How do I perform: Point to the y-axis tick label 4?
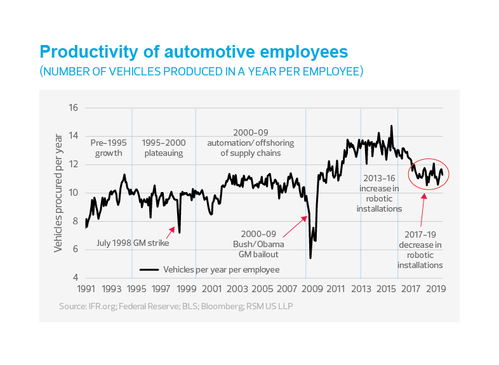point(74,278)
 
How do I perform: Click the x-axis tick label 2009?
point(310,289)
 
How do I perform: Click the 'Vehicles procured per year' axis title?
point(58,193)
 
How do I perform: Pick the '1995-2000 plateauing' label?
point(163,148)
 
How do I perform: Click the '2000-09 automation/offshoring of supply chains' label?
point(250,143)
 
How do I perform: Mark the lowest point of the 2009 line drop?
point(310,257)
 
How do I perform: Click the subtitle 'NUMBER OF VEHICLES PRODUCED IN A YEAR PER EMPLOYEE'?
point(202,72)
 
